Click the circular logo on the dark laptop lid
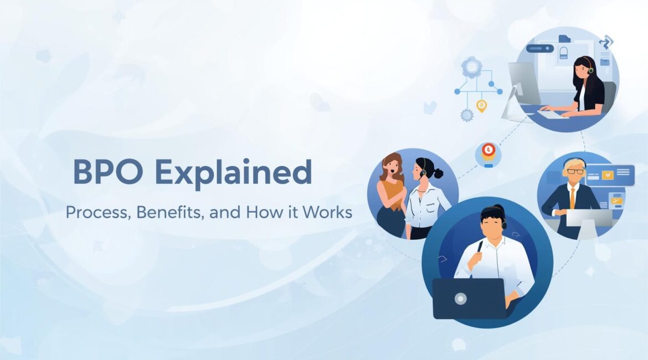click(460, 299)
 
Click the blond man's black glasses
click(575, 171)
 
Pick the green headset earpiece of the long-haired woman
click(590, 70)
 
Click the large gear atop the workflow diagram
click(471, 67)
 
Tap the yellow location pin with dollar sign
click(481, 105)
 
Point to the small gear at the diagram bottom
click(467, 115)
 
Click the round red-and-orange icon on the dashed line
click(488, 151)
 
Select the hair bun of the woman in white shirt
click(438, 173)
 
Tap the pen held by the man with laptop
click(480, 248)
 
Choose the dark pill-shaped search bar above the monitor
click(540, 49)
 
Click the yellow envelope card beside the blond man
click(607, 175)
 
